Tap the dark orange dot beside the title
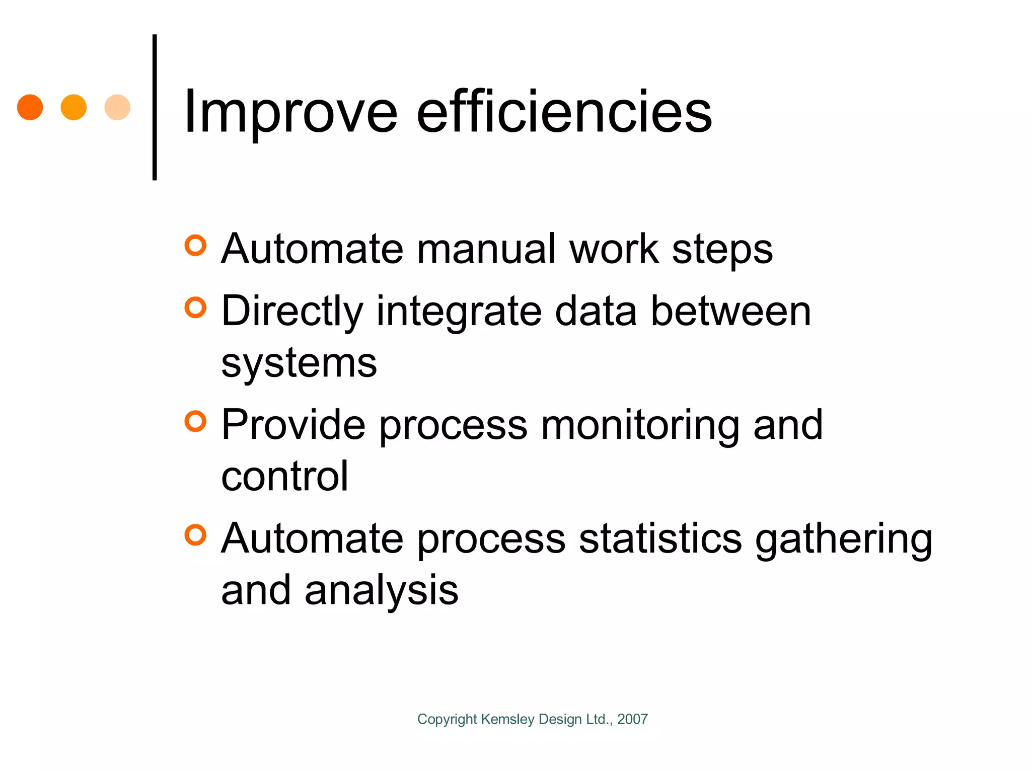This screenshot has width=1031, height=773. (x=30, y=107)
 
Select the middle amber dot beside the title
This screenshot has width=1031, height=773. (x=73, y=107)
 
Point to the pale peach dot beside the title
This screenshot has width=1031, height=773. (x=117, y=107)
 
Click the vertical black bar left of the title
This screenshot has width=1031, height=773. (x=155, y=107)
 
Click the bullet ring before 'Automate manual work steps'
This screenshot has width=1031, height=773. (x=195, y=246)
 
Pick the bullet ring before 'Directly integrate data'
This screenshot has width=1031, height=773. (x=195, y=307)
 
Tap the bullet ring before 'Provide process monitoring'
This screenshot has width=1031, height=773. (x=195, y=421)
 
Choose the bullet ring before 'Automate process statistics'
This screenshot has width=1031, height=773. (x=195, y=535)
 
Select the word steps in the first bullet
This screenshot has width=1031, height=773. (x=722, y=251)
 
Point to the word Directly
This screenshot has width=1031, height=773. (x=292, y=312)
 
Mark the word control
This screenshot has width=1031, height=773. (x=284, y=476)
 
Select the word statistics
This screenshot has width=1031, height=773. (x=660, y=538)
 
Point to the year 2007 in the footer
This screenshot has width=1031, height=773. (x=632, y=719)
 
